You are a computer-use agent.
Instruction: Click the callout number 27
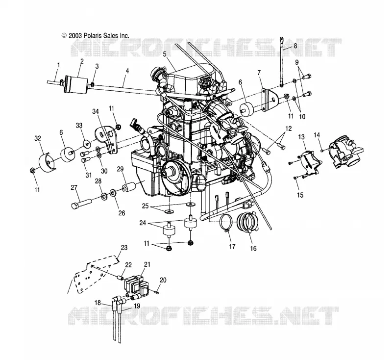74,188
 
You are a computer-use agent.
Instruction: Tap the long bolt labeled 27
81,203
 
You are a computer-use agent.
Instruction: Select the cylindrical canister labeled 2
76,84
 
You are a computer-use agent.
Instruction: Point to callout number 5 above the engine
164,54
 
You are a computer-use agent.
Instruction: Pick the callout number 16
253,249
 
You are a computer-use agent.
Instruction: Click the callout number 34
96,111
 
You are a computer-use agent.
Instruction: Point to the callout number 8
295,46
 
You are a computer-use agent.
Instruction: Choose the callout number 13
301,137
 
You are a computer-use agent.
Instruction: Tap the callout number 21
147,264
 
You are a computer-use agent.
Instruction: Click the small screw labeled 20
157,292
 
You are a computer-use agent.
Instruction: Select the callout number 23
124,248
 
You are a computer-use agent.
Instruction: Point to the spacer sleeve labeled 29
129,187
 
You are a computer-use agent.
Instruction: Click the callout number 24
143,222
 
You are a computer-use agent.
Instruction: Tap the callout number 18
98,303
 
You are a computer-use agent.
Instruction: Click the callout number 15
300,195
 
